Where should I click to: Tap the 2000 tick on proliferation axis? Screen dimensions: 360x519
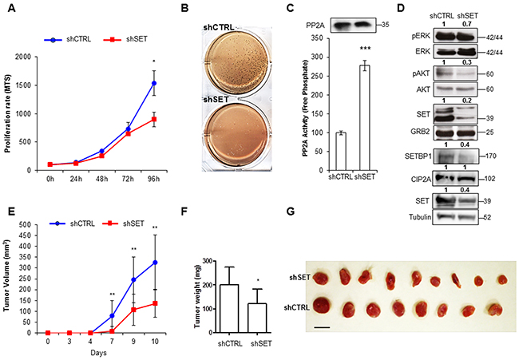pos(34,57)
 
